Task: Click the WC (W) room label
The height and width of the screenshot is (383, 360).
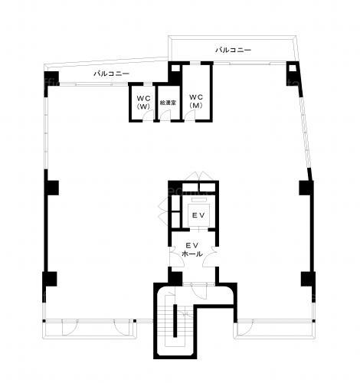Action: click(143, 102)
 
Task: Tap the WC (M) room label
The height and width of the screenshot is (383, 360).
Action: click(196, 101)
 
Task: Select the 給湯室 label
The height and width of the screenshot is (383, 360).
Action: click(168, 103)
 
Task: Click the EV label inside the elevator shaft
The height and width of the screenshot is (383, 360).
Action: click(198, 215)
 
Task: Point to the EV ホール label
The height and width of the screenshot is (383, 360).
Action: click(193, 250)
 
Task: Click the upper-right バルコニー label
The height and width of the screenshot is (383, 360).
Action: click(233, 50)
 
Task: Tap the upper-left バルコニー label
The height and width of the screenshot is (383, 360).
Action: click(111, 74)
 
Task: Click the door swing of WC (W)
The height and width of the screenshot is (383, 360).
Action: click(149, 116)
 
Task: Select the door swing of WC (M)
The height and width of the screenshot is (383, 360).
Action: click(190, 116)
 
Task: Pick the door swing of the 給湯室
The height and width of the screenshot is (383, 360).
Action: click(165, 116)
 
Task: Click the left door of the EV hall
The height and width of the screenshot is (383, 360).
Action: click(177, 257)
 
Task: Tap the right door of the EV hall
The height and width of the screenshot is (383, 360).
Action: click(209, 257)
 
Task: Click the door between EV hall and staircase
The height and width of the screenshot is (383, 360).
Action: click(198, 290)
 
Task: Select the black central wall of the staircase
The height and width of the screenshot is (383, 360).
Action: click(175, 321)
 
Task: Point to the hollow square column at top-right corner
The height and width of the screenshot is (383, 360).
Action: click(293, 67)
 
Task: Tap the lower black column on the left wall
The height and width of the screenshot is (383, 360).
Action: click(50, 279)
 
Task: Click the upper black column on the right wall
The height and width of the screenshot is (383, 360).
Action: click(306, 188)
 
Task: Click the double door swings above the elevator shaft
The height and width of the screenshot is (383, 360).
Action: click(199, 176)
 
